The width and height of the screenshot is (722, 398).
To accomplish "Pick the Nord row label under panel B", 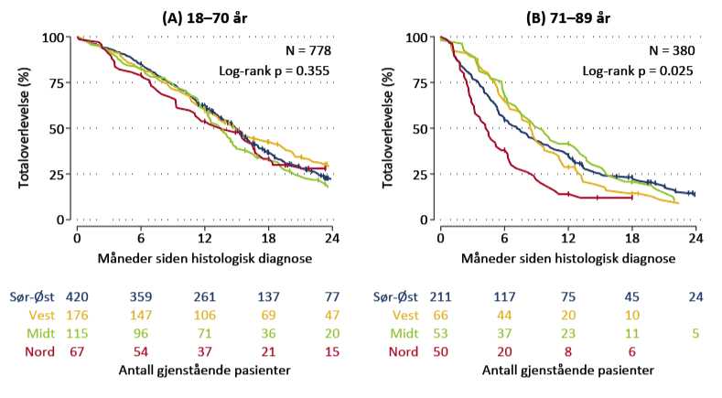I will (404, 350).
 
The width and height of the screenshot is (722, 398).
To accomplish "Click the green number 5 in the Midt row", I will (695, 332).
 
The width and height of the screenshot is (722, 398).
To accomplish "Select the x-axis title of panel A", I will (205, 258).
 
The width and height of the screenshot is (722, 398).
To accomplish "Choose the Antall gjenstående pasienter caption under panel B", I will (567, 371).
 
